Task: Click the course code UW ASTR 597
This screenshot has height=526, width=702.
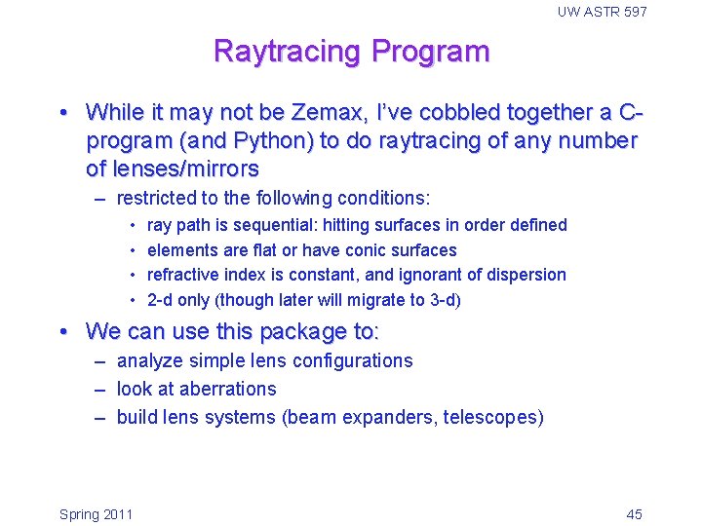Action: coord(602,12)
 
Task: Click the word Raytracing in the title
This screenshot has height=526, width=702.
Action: coord(282,51)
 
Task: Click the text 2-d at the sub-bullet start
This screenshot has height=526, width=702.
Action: coord(159,300)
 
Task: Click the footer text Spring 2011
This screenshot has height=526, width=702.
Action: coord(96,514)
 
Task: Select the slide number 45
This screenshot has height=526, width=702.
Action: coord(634,514)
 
